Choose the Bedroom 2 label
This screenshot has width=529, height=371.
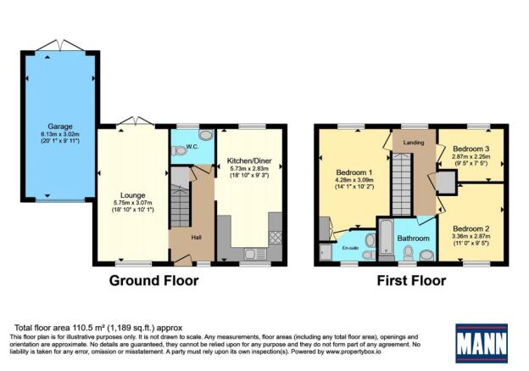pyautogui.click(x=472, y=228)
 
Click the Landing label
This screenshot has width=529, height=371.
pyautogui.click(x=414, y=142)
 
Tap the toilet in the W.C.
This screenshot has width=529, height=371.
pyautogui.click(x=177, y=150)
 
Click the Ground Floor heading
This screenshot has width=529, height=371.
pyautogui.click(x=149, y=282)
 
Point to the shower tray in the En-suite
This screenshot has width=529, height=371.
pyautogui.click(x=326, y=252)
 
